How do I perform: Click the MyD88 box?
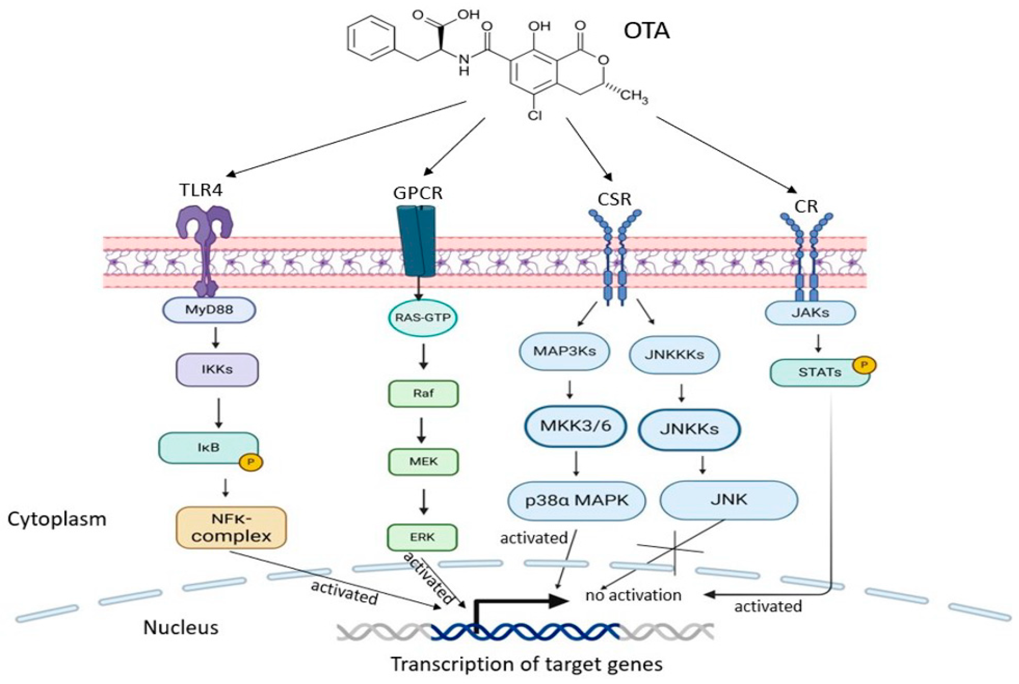coord(209,310)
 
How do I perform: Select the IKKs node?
coord(217,369)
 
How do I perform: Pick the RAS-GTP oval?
coord(422,318)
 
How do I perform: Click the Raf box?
coord(423,394)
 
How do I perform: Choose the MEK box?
coord(423,462)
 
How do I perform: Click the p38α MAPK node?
coord(577,501)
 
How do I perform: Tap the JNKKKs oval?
coord(674,355)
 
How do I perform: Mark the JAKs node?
coord(810,313)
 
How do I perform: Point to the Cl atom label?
coord(535,115)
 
